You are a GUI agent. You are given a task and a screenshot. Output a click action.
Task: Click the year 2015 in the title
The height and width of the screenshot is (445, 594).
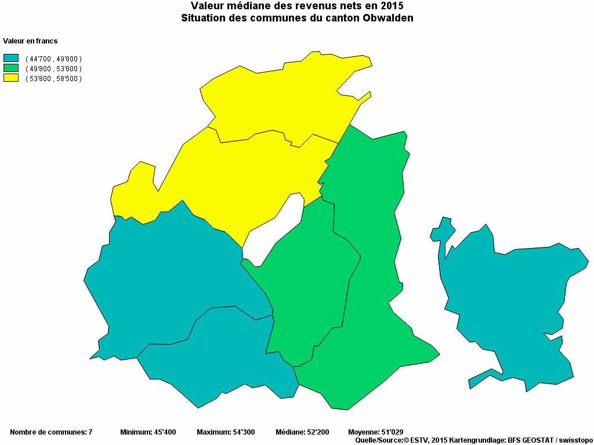click(392, 6)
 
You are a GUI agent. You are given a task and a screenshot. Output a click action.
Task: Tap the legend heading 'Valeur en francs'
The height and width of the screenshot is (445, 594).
click(30, 41)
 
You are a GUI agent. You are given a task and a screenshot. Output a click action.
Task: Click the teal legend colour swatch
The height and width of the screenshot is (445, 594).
click(11, 58)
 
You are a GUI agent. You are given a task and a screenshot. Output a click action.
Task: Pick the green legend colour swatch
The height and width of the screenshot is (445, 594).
click(11, 68)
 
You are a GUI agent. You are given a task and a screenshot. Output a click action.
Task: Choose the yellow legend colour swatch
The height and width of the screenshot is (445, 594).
click(11, 78)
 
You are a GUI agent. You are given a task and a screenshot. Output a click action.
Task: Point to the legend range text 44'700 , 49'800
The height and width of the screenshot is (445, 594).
click(53, 59)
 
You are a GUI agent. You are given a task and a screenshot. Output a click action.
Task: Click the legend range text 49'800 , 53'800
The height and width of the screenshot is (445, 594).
click(53, 69)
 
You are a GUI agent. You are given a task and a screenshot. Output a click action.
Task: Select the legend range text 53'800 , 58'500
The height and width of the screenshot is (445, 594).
click(53, 79)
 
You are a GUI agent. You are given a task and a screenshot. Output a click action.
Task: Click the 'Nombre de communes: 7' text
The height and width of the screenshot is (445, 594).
click(51, 432)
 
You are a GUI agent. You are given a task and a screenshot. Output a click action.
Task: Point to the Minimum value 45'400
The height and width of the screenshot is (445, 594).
click(165, 432)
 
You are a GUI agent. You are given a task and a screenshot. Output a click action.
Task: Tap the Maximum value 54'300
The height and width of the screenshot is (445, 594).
click(243, 432)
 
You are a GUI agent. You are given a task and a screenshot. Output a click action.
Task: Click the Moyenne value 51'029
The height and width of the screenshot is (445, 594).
click(392, 432)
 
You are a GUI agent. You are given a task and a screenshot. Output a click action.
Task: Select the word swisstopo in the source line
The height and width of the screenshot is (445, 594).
click(575, 440)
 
